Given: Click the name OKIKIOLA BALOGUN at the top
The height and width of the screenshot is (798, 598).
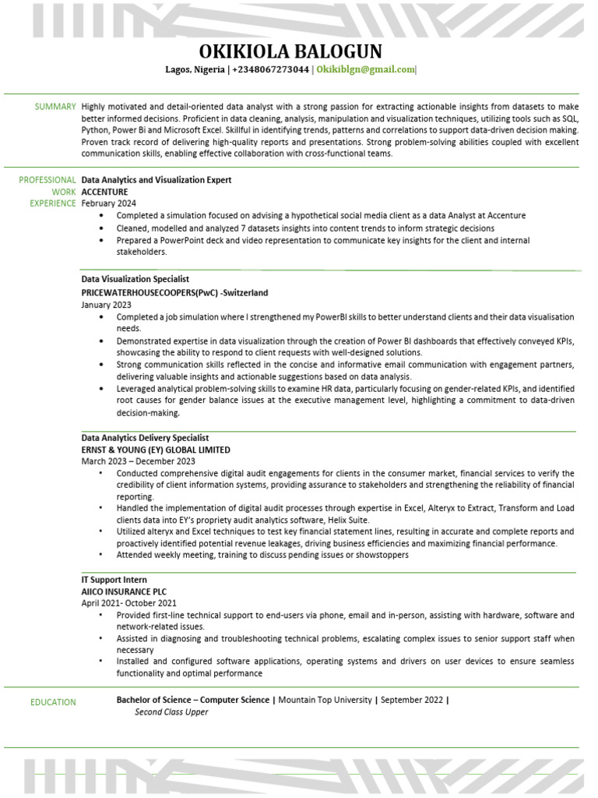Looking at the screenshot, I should [290, 51].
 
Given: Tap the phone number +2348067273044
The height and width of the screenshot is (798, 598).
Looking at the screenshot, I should [270, 69].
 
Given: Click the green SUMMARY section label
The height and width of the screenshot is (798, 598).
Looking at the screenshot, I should [55, 107].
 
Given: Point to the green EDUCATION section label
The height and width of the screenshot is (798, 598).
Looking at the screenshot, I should [53, 702].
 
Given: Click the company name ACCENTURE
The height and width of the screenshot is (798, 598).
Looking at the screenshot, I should [104, 192].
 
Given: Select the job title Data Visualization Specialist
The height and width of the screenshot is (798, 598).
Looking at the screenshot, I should [135, 279].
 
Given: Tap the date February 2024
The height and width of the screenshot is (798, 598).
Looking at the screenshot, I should [108, 203].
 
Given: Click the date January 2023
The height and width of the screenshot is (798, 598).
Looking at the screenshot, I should [107, 305].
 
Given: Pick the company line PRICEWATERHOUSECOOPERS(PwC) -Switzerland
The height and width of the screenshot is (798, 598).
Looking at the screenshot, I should [174, 292].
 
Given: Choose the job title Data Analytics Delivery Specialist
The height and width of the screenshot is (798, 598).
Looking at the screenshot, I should [145, 438].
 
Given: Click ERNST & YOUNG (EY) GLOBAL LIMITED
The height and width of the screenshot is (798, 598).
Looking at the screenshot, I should [156, 450].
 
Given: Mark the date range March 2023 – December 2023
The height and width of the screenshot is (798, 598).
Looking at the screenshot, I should [138, 461].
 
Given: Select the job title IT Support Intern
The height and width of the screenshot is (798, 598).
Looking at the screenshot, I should [114, 580].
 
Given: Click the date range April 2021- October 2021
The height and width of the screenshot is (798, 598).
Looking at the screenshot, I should [129, 603].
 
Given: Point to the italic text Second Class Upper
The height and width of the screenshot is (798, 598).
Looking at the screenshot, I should [171, 711].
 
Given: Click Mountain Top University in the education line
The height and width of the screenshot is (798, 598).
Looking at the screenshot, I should [325, 700].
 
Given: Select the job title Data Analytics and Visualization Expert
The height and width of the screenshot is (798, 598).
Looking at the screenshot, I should [157, 180].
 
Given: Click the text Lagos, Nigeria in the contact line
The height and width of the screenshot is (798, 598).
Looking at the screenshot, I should [194, 69].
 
